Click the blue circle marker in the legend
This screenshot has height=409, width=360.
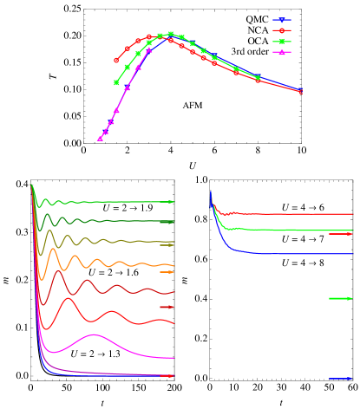281,19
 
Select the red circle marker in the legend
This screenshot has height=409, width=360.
281,30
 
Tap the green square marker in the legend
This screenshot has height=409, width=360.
281,42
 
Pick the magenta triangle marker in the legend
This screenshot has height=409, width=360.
281,53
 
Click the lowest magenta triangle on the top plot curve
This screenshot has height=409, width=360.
100,139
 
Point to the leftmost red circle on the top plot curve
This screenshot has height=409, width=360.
116,61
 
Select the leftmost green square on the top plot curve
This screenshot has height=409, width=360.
116,82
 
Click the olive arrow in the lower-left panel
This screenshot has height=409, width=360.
167,245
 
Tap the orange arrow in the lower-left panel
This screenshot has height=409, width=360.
167,272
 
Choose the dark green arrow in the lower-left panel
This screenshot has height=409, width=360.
167,223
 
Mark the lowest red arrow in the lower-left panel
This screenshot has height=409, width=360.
167,376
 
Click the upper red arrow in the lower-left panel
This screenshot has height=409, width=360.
167,307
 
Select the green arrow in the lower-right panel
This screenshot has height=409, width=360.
341,299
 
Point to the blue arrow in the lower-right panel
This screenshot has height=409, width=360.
341,379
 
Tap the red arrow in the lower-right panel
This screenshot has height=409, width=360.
341,234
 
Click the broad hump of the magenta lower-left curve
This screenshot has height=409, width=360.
94,335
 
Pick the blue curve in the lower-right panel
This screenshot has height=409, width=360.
286,254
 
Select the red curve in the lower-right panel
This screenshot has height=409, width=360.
286,213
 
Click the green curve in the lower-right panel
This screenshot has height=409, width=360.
286,230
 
